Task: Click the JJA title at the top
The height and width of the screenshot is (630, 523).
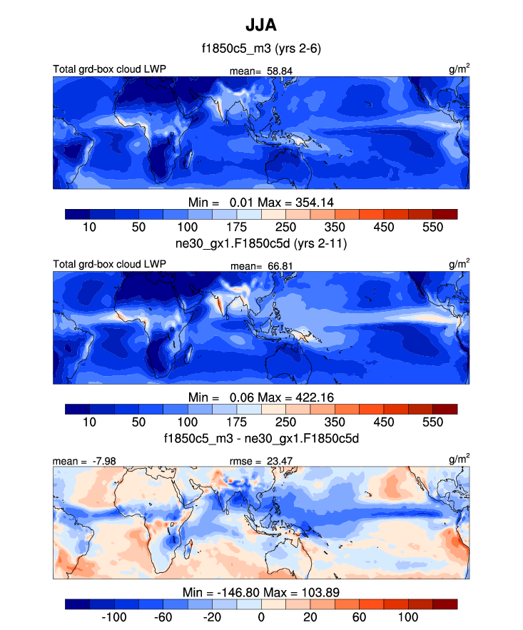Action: click(x=261, y=25)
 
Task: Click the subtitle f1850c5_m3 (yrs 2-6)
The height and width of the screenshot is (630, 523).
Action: click(x=261, y=49)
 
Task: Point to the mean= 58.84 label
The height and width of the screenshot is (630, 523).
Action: click(x=261, y=71)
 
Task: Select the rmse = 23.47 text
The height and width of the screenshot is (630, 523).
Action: click(x=261, y=462)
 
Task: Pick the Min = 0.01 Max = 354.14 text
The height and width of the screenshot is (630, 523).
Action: click(x=261, y=200)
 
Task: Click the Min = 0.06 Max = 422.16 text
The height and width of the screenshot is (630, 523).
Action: click(x=261, y=397)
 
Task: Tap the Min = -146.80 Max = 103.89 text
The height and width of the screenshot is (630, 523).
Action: click(x=261, y=592)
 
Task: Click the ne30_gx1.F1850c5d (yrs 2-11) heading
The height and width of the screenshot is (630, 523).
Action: click(x=261, y=244)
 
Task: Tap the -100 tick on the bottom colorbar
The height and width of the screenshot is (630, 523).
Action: click(x=114, y=616)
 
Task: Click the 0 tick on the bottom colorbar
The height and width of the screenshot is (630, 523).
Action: click(x=261, y=616)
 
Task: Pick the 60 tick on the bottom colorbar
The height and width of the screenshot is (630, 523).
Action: click(x=359, y=616)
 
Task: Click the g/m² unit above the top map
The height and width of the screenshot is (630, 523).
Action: click(x=459, y=69)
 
